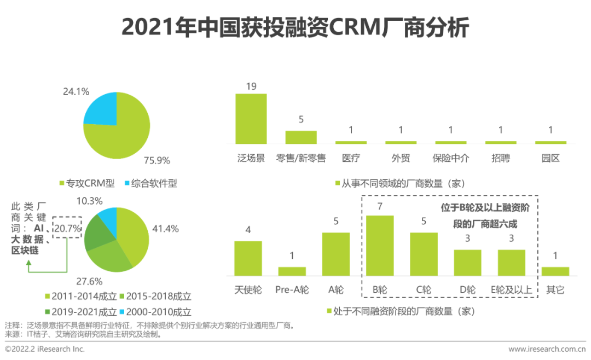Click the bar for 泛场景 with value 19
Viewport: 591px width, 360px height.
coord(251,118)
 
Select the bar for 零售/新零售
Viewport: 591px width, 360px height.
coord(301,137)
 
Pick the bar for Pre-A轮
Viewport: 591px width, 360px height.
coord(292,271)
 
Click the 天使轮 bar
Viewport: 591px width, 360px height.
coord(248,258)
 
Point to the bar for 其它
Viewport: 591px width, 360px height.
coord(555,271)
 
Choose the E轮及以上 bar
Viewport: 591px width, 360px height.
coord(511,262)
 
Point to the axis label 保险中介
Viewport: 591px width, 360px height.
coord(451,158)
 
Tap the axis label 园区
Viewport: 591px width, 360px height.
coord(551,158)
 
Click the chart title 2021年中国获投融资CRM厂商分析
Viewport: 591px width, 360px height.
coord(295,28)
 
